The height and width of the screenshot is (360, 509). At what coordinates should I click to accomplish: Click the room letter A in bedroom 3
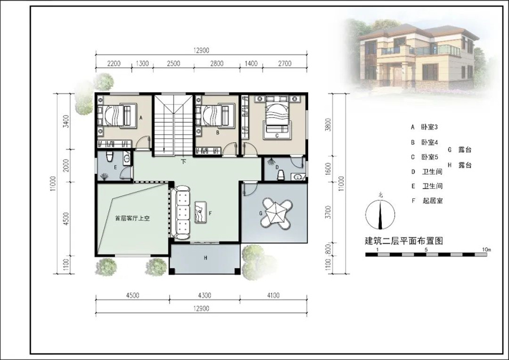point(141,118)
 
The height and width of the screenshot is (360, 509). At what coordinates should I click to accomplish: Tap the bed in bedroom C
point(277,117)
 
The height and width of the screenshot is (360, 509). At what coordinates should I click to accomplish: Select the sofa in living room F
point(182,212)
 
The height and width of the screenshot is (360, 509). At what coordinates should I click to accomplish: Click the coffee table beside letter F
point(200,212)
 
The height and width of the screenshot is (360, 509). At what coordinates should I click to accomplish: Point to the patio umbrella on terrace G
point(275,212)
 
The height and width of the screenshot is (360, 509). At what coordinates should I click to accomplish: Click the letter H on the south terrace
point(205,258)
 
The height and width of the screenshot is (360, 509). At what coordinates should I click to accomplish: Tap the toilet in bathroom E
point(110,156)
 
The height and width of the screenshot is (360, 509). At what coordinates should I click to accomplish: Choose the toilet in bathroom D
point(281,175)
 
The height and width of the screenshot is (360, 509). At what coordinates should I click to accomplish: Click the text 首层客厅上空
point(132,218)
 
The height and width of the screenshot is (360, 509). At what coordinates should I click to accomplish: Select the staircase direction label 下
point(184,161)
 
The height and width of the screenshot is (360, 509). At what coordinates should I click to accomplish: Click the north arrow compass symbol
point(380,214)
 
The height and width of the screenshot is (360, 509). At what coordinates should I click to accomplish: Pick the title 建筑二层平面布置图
point(404,241)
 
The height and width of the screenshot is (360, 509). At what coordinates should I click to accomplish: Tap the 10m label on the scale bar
point(486,250)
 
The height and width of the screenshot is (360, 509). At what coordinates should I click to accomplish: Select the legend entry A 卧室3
point(424,127)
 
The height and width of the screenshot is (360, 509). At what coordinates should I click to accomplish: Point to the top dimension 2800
point(217,63)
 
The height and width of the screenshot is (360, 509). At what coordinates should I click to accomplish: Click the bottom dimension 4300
point(205,295)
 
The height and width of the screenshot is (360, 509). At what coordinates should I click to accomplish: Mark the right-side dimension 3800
point(328,124)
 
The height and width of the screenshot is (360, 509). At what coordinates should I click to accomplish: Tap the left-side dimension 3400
point(66,121)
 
